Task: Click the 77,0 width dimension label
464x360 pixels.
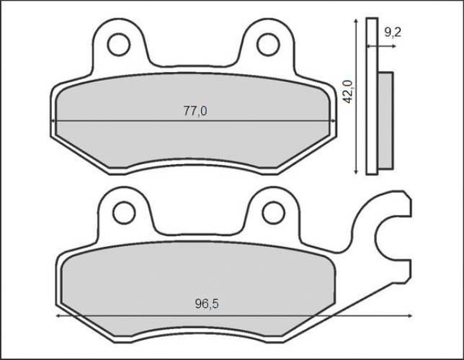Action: pos(195,111)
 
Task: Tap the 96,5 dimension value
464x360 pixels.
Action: pos(206,305)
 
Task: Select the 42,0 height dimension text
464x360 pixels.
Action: pos(348,92)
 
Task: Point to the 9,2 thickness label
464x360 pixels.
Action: pos(393,32)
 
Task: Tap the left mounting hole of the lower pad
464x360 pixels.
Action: pos(124,212)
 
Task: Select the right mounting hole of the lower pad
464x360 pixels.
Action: pos(273,212)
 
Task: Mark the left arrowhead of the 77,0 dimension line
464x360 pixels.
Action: pos(57,120)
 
